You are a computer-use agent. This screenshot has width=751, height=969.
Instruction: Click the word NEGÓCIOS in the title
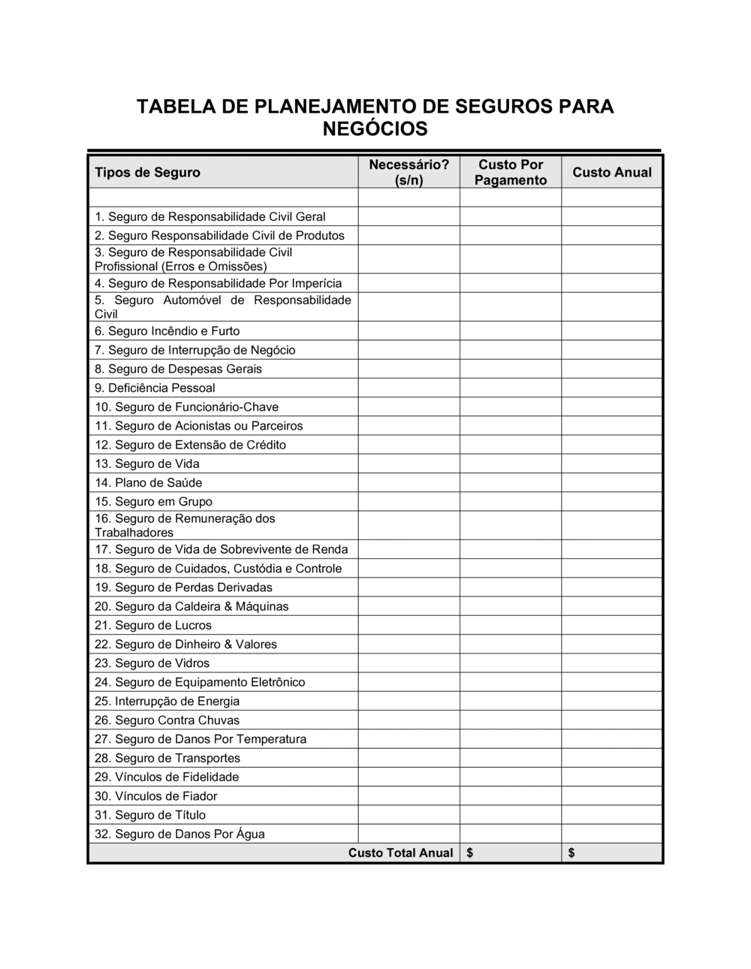click(375, 129)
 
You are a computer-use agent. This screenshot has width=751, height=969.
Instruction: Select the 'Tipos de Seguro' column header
click(147, 173)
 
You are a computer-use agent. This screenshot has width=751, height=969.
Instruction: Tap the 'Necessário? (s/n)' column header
click(409, 173)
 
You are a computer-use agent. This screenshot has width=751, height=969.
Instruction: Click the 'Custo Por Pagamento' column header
click(511, 173)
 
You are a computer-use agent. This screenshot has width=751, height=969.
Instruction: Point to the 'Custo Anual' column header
click(612, 173)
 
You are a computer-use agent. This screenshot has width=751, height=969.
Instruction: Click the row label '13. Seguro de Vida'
click(147, 463)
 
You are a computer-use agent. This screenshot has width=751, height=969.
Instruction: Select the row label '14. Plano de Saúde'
click(148, 482)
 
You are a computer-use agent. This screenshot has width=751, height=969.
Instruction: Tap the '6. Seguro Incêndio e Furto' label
click(167, 331)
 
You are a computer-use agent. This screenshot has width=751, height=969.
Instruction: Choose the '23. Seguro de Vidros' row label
click(152, 663)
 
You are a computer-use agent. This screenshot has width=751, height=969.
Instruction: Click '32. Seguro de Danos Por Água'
click(179, 834)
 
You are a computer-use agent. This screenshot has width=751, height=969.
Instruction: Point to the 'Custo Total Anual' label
click(400, 853)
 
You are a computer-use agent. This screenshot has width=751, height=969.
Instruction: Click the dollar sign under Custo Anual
click(572, 853)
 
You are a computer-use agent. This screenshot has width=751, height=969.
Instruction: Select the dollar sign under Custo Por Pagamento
click(470, 853)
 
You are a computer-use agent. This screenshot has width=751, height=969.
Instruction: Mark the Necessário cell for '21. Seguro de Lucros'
click(409, 625)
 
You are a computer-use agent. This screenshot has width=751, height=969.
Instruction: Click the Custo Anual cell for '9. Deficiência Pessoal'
click(612, 388)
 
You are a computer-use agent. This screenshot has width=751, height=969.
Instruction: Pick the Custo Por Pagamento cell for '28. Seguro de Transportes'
click(511, 758)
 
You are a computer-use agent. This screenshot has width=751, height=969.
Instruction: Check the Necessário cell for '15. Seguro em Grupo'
click(409, 501)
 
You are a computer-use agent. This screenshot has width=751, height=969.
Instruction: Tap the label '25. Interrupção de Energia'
click(167, 701)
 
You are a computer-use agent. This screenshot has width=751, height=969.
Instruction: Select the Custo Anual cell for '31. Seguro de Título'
click(612, 815)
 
